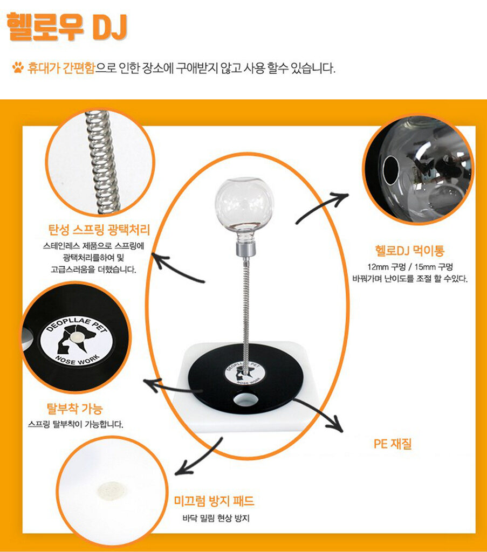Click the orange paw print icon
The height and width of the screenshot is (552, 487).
[x=18, y=67]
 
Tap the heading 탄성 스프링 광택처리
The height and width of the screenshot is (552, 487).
[x=99, y=230]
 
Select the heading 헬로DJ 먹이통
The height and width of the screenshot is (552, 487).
[x=409, y=251]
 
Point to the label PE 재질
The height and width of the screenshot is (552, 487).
[x=393, y=444]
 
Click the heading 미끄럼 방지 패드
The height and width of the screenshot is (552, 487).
[x=214, y=501]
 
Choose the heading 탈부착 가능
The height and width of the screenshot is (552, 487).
[x=74, y=409]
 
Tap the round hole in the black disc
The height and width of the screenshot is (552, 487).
[x=245, y=399]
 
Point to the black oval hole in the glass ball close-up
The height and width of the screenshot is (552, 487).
[x=391, y=170]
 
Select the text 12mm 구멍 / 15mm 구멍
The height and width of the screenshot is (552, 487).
[x=410, y=267]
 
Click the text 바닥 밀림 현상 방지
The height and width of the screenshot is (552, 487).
[x=216, y=518]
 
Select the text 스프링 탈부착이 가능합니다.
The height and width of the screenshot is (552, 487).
[x=76, y=424]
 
